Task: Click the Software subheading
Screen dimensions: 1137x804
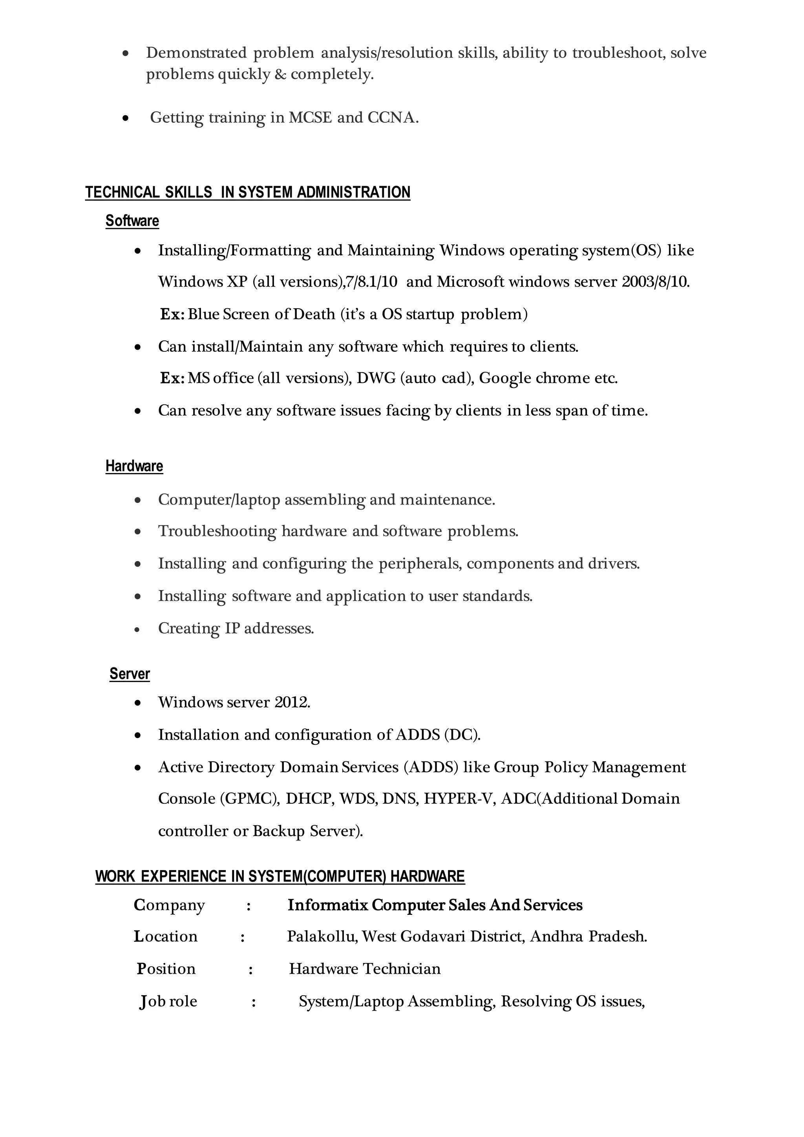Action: (x=132, y=221)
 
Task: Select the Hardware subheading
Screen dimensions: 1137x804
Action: (x=134, y=466)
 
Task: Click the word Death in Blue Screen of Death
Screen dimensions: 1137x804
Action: (x=314, y=314)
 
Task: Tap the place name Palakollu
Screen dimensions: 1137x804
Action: (x=322, y=936)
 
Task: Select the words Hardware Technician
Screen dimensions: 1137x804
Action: (x=365, y=969)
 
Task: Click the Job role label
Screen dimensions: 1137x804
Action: (x=168, y=1001)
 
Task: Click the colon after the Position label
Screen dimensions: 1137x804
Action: (x=251, y=969)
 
